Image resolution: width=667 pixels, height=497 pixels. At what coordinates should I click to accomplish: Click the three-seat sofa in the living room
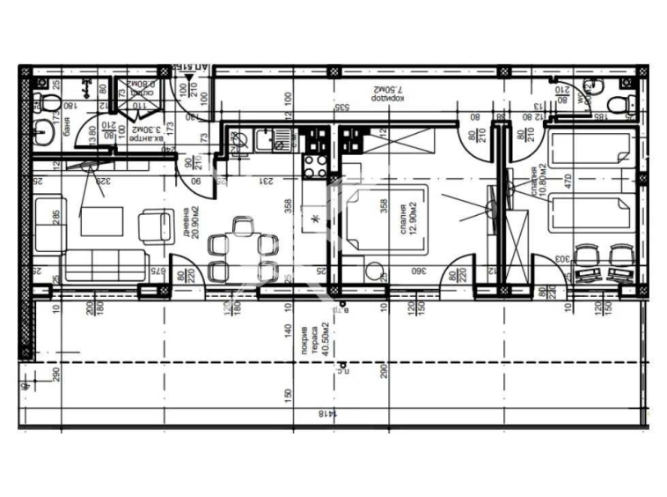(105, 265)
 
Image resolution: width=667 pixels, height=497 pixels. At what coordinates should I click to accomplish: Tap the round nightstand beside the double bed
(374, 271)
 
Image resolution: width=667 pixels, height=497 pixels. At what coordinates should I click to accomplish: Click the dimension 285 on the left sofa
(55, 216)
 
